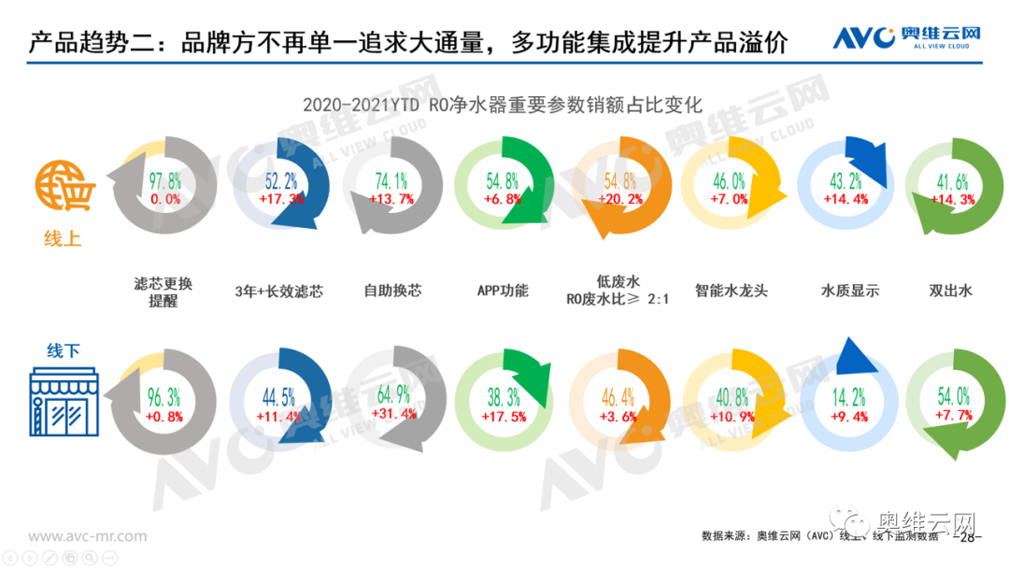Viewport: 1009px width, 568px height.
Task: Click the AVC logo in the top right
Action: click(906, 37)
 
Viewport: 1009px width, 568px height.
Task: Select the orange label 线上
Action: click(63, 239)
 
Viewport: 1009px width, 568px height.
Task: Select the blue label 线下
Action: click(63, 351)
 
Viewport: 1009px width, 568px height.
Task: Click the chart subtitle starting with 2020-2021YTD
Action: click(502, 105)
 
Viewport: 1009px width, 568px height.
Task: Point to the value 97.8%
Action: click(164, 182)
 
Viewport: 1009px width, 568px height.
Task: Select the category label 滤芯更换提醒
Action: click(163, 291)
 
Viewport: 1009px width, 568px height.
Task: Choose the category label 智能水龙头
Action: click(732, 291)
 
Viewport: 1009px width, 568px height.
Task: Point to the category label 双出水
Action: click(951, 291)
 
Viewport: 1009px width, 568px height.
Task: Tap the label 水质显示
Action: click(849, 291)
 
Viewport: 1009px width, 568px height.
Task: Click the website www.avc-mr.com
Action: click(88, 536)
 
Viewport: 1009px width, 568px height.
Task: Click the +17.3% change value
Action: click(277, 199)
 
